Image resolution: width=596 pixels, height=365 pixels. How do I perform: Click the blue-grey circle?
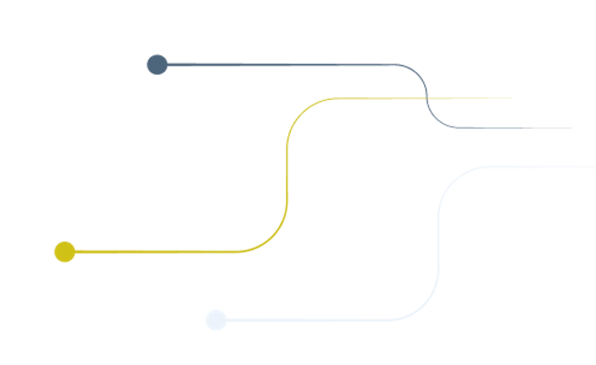(x=157, y=65)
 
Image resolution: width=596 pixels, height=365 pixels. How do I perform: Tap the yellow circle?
(x=65, y=252)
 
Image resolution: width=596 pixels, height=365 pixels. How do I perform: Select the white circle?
(x=216, y=320)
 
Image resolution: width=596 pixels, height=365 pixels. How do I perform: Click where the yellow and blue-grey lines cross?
(x=426, y=98)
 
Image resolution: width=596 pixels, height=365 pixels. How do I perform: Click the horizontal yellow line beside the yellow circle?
(x=159, y=252)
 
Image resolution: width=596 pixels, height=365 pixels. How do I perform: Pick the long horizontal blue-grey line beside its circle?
(x=281, y=65)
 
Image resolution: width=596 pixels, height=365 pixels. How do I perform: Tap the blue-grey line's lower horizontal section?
(x=510, y=128)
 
